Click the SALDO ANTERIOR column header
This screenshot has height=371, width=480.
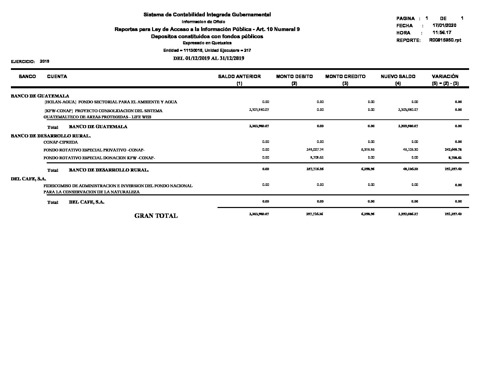click(x=239, y=77)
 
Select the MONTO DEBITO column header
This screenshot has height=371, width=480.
click(x=294, y=77)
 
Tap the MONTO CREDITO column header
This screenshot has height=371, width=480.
click(x=345, y=77)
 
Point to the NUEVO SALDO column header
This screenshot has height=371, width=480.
click(x=398, y=77)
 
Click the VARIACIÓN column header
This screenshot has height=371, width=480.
click(x=445, y=77)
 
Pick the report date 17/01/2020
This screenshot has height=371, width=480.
click(x=444, y=26)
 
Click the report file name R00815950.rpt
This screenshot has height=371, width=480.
click(x=445, y=40)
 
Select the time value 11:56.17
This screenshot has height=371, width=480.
click(x=442, y=33)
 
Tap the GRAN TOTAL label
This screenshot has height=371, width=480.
click(x=156, y=216)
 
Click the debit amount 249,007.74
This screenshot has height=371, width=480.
click(x=315, y=150)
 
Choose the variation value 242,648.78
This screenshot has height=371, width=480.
click(x=453, y=150)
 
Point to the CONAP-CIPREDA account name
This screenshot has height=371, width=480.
click(x=61, y=142)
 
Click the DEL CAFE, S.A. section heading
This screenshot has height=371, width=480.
click(x=28, y=179)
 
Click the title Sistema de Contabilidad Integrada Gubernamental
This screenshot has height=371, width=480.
click(x=207, y=15)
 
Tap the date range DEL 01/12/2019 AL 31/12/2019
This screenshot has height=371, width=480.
click(x=209, y=58)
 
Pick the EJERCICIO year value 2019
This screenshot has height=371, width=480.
click(x=45, y=61)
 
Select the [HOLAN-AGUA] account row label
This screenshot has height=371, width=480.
click(x=111, y=102)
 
